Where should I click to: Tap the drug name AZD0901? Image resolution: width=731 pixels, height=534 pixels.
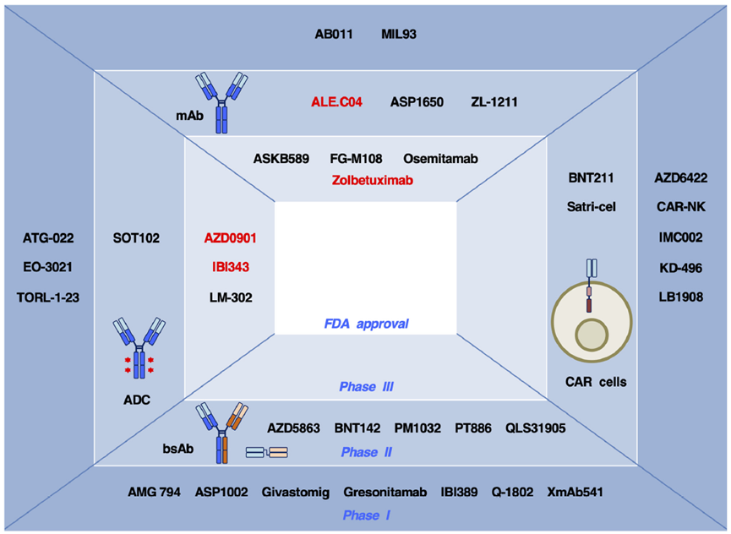[230, 239]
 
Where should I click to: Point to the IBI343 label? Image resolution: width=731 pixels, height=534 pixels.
[230, 268]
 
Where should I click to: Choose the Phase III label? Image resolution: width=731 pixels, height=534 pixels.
[366, 387]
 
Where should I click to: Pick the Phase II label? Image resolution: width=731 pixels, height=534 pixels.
[366, 453]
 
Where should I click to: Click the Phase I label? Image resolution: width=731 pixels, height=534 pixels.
[365, 515]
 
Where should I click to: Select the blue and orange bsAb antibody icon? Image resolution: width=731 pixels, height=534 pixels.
[219, 429]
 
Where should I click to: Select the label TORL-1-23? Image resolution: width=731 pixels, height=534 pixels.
[48, 297]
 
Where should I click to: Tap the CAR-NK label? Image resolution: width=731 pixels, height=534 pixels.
[680, 206]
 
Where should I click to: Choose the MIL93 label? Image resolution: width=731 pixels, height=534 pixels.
[399, 35]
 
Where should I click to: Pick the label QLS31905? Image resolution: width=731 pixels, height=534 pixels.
[536, 428]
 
